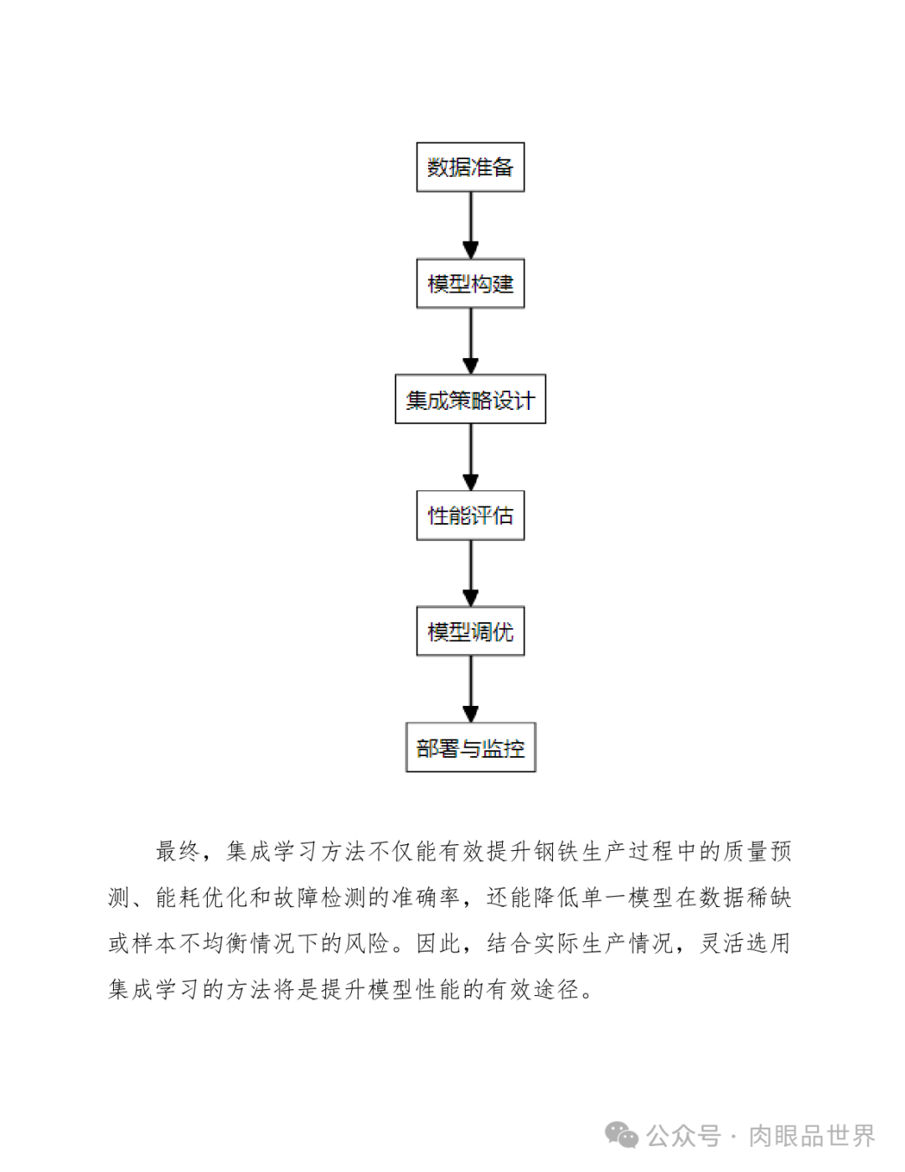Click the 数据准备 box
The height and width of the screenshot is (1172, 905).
pos(470,167)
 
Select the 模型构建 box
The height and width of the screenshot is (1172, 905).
pos(470,283)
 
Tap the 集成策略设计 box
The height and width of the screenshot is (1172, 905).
pos(470,399)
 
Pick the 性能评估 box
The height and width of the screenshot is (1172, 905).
pos(470,515)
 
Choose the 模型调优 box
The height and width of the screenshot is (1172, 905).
pos(470,631)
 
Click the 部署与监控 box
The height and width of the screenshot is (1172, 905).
pos(470,747)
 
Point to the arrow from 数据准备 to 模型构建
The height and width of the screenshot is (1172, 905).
pos(470,225)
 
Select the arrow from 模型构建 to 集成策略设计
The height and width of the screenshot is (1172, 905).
pos(470,340)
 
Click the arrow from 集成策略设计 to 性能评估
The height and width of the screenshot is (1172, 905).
pos(470,457)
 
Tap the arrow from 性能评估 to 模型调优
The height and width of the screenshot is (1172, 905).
pos(470,573)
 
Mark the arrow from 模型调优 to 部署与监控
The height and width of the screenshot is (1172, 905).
pos(470,688)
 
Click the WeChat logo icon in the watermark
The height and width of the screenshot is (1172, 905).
pos(622,1136)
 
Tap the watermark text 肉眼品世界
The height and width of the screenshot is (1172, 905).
pos(811,1136)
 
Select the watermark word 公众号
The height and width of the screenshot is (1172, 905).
pos(683,1136)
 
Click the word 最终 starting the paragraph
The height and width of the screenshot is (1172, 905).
pos(178,852)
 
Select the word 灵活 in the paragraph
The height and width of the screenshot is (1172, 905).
pos(722,944)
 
